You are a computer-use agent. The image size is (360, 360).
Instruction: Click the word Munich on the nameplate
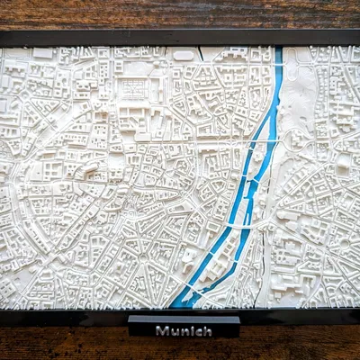tap(184, 330)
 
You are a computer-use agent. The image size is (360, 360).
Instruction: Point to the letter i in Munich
tap(190, 330)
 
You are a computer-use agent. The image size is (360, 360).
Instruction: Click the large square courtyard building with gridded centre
tap(134, 89)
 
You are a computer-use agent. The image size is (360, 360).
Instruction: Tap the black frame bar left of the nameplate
tap(63, 316)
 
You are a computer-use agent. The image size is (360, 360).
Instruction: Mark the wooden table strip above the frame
tap(180, 13)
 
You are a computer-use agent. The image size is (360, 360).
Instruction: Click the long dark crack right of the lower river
tap(263, 261)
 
